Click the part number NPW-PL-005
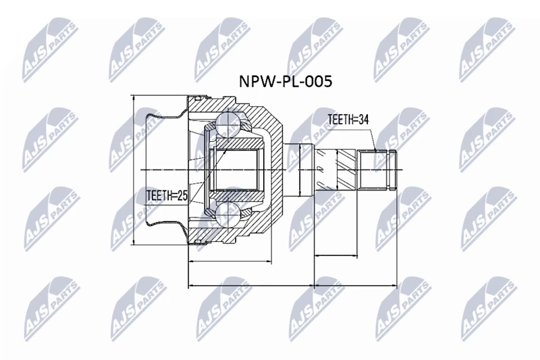(286, 82)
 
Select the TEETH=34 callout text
(348, 120)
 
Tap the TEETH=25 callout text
(167, 196)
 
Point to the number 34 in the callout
(364, 120)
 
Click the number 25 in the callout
(182, 196)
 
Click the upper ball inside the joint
(227, 124)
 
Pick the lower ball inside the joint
(227, 215)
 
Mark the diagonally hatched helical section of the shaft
(346, 169)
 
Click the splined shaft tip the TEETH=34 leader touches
(378, 169)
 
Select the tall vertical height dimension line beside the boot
(133, 170)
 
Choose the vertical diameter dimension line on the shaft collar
(300, 170)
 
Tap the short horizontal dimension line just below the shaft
(335, 255)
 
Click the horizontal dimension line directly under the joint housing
(230, 261)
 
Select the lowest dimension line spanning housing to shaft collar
(251, 286)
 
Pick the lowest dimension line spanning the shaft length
(356, 286)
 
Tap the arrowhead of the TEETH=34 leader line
(375, 149)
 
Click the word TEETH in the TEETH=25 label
(159, 196)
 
